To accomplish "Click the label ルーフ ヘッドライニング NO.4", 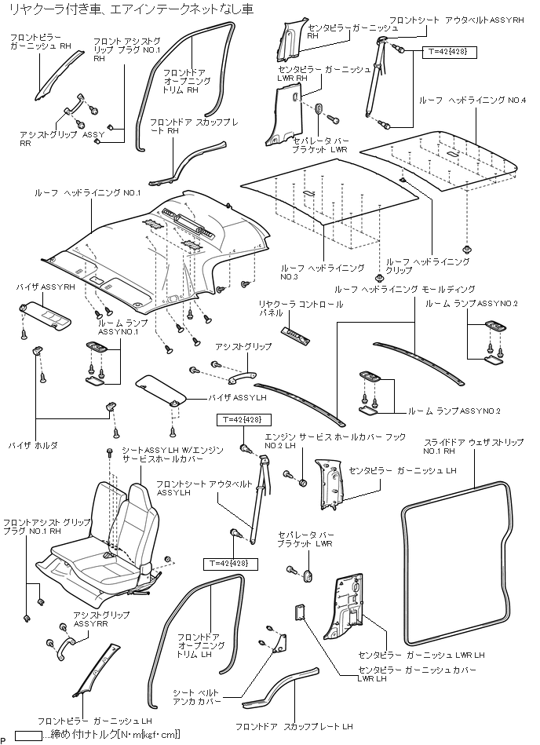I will (x=462, y=101).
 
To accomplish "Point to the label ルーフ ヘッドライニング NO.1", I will (x=87, y=193).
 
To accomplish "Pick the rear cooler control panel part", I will (x=297, y=334).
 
